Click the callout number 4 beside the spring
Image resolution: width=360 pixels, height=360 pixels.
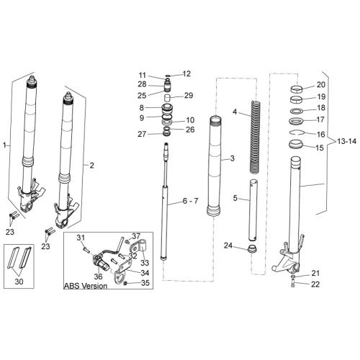point(235,112)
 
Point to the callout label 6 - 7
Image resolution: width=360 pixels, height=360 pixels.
point(190,201)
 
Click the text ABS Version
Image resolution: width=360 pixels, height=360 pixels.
point(86,286)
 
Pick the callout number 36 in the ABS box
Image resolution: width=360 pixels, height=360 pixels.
point(98,276)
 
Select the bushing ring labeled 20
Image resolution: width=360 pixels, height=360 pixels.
point(297,89)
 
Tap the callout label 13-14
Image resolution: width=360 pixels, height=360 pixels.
point(346,142)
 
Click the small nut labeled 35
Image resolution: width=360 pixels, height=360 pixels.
point(125,284)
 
